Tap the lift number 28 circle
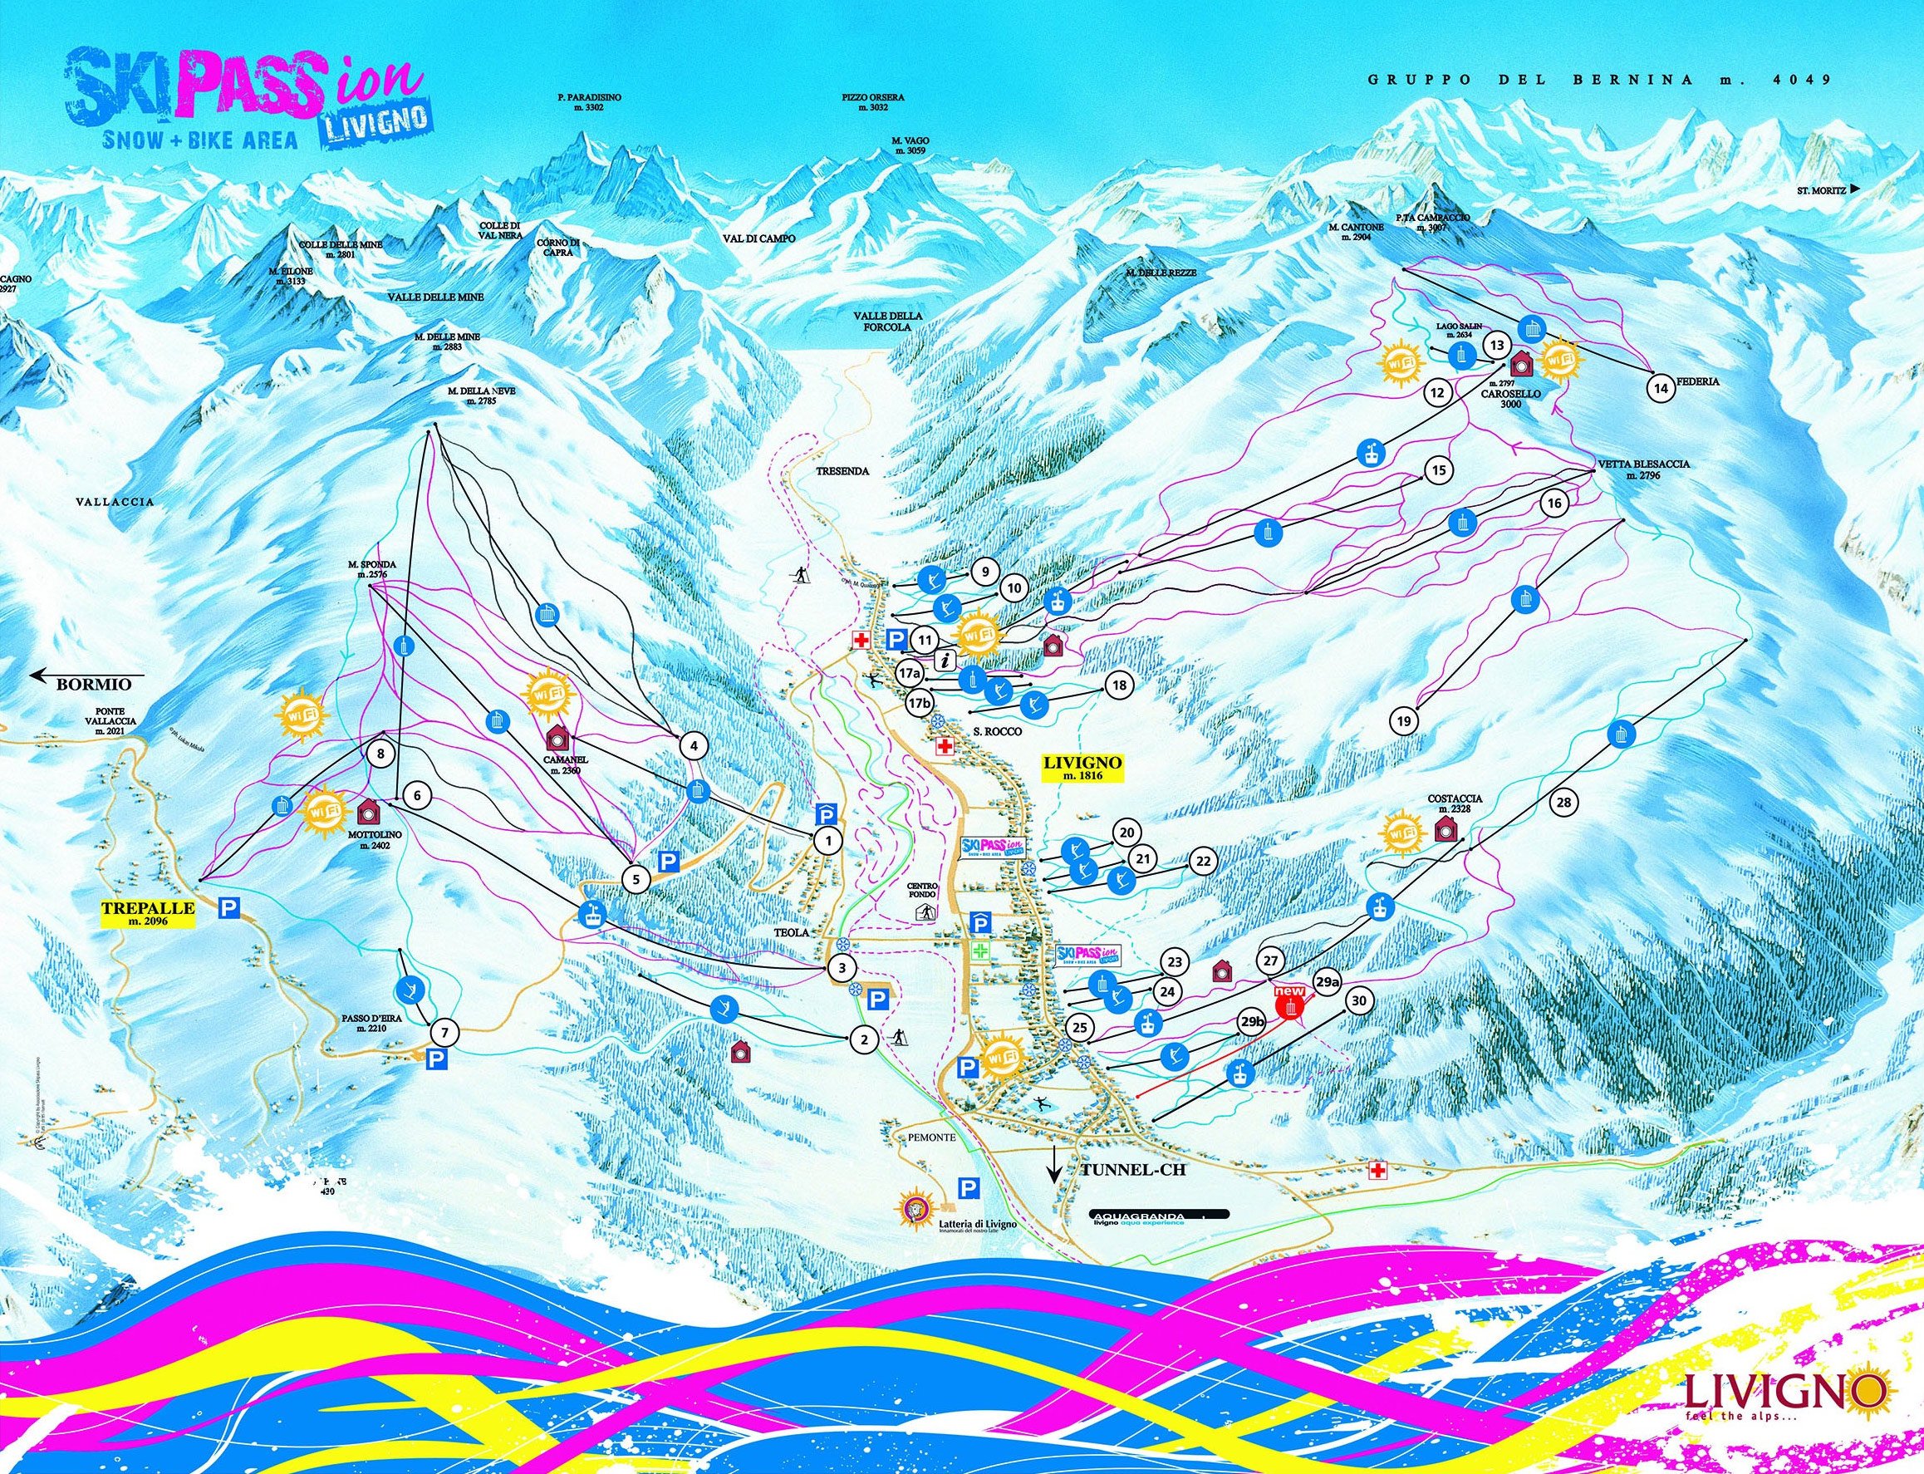[x=1563, y=801]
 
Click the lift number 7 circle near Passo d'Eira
[x=444, y=1029]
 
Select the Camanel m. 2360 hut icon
[x=557, y=735]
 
